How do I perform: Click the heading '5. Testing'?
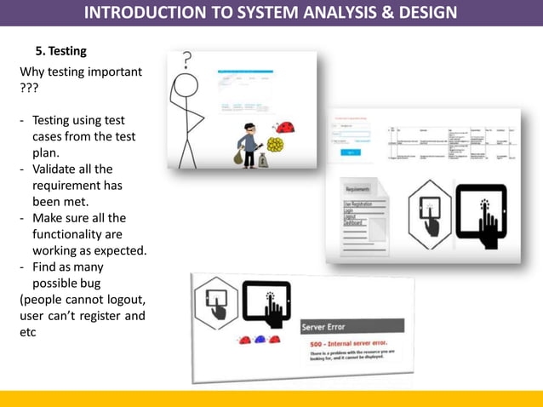(60, 51)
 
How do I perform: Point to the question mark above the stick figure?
(187, 60)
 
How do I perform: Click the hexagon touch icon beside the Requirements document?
(430, 215)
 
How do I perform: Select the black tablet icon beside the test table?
(481, 216)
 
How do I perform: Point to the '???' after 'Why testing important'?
(29, 88)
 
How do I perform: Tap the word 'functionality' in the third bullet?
(67, 233)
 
